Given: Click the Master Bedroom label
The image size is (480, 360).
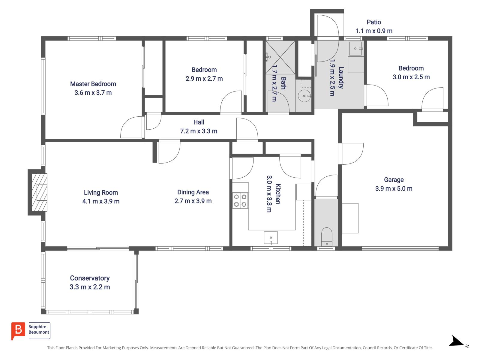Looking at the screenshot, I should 93,84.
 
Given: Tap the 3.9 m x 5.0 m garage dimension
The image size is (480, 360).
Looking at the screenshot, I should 394,189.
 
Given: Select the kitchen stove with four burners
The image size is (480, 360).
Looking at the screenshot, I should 240,201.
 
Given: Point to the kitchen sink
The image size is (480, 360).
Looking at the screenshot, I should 271,238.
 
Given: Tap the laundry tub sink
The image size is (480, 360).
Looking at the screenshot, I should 355,48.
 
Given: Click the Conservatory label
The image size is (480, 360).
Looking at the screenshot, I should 90,278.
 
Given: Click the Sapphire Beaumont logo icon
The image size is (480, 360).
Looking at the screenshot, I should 18,330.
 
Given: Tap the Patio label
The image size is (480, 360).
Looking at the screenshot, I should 374,22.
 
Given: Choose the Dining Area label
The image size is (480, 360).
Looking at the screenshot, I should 193,192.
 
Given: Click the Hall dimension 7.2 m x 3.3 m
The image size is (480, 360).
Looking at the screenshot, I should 199,131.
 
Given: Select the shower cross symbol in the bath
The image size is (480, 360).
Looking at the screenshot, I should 280,57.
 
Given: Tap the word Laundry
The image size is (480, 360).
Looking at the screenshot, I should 341,78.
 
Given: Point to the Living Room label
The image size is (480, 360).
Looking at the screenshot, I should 101,193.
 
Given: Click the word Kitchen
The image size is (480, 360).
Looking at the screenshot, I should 278,194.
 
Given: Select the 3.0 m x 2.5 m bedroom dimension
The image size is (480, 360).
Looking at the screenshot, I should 411,77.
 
